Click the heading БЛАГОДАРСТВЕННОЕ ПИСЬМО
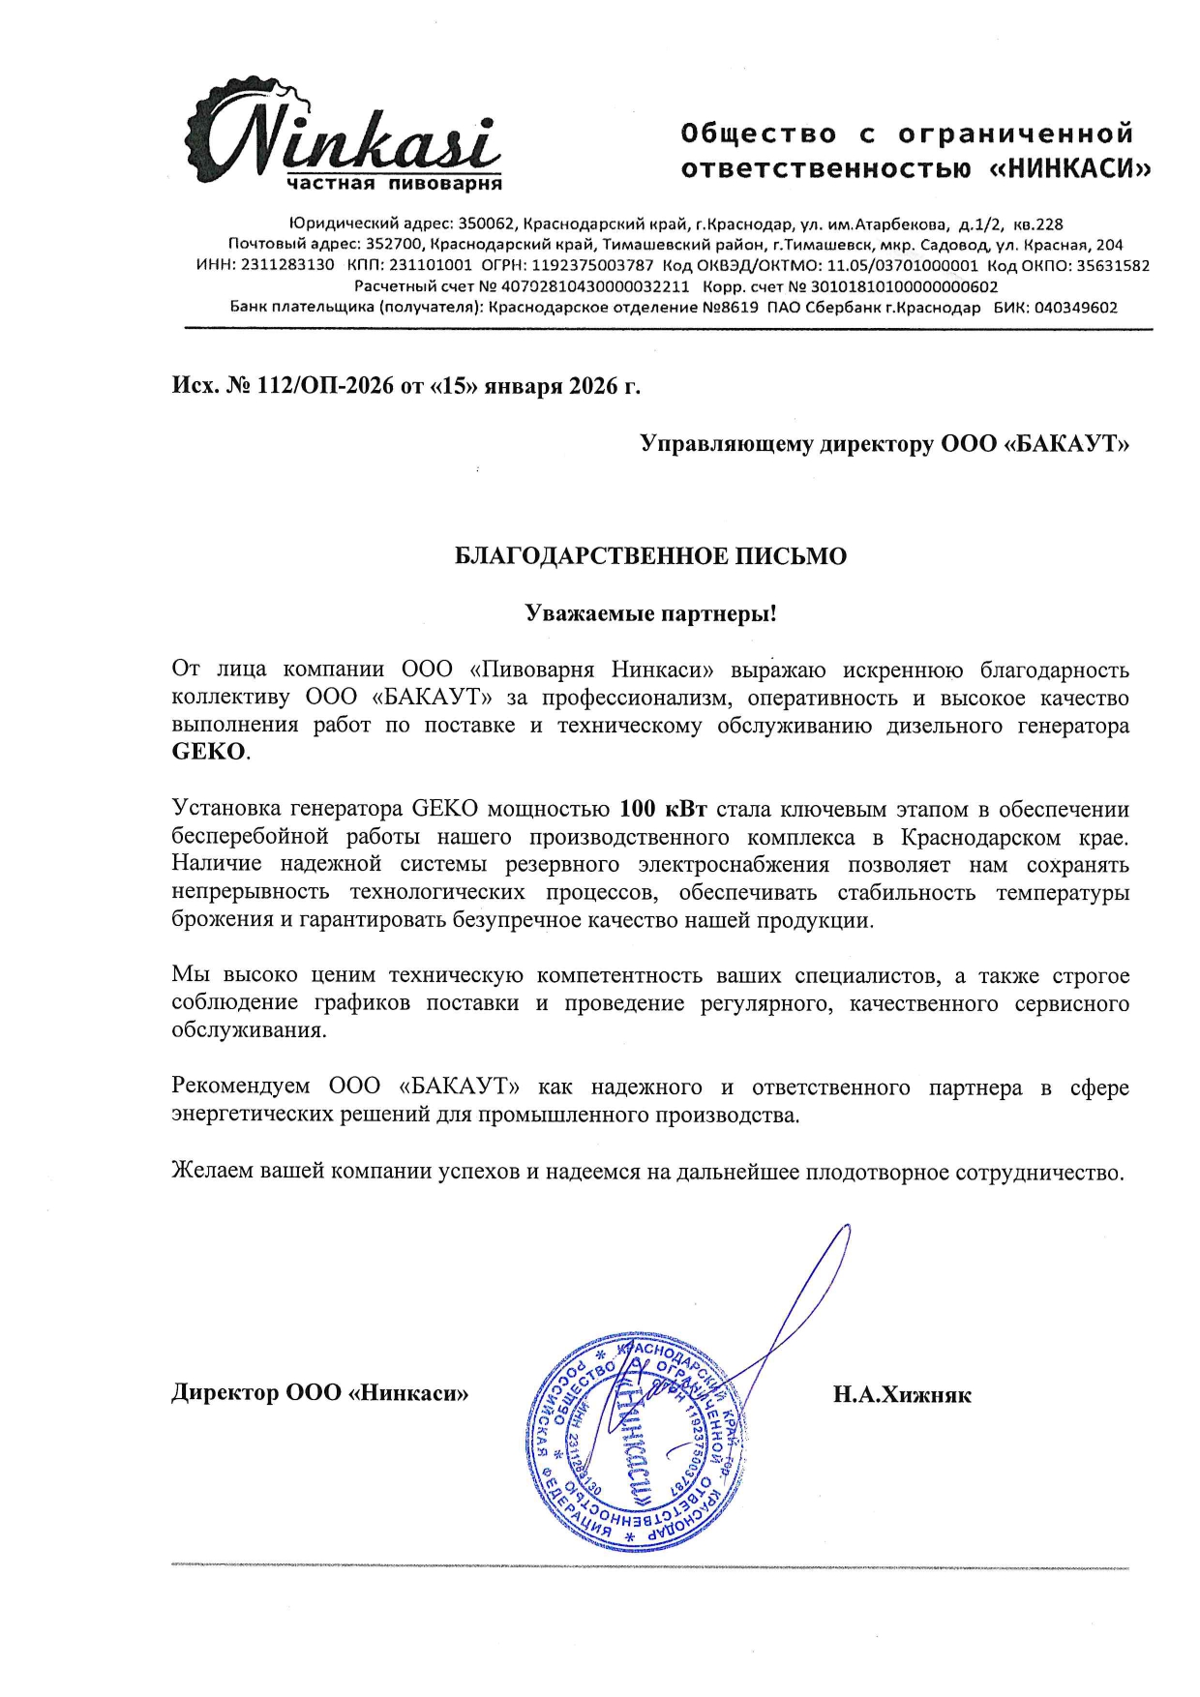coord(650,556)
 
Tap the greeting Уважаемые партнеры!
coord(650,613)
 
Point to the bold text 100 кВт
coord(663,809)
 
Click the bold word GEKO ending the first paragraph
coord(208,753)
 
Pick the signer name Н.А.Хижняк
coord(902,1394)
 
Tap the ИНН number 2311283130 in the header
coord(288,265)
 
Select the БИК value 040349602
coord(1075,308)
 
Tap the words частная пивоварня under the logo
coord(394,183)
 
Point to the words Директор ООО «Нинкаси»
coord(320,1393)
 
